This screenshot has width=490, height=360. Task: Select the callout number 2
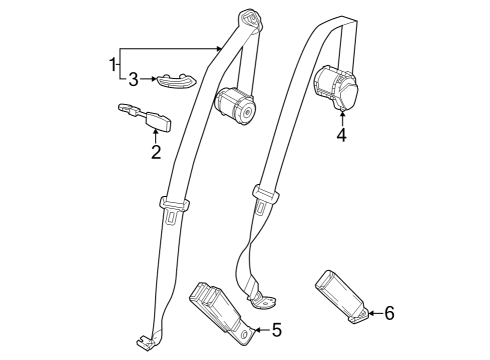[x=155, y=152]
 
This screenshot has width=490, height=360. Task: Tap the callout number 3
[x=132, y=78]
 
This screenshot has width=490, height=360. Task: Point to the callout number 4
[x=341, y=135]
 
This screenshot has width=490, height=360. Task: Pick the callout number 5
[x=277, y=328]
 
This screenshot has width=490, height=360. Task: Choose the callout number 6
[x=389, y=314]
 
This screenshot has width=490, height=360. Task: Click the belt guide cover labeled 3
[x=173, y=79]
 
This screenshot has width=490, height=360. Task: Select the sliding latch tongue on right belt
[x=263, y=197]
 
